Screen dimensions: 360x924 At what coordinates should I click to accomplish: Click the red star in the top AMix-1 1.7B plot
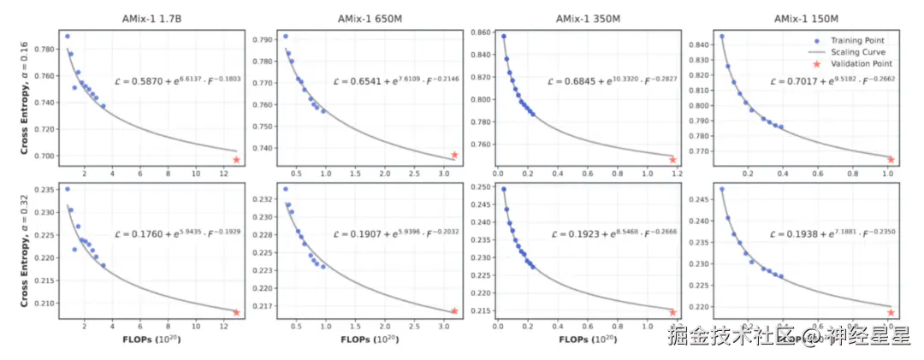click(236, 160)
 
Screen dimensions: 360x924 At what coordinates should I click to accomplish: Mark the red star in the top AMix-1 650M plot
click(454, 155)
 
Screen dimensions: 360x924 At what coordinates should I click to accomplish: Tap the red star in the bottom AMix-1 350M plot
click(672, 313)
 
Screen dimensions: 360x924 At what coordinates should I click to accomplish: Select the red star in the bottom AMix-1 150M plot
click(891, 313)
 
